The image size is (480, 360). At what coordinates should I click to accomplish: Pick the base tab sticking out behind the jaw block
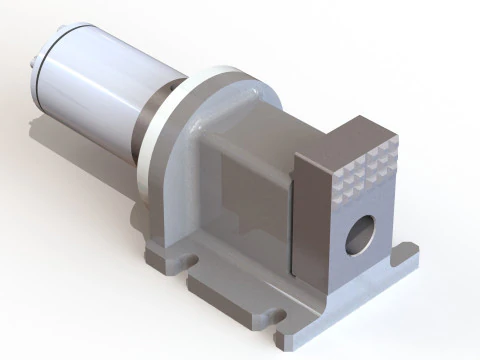(404, 254)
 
